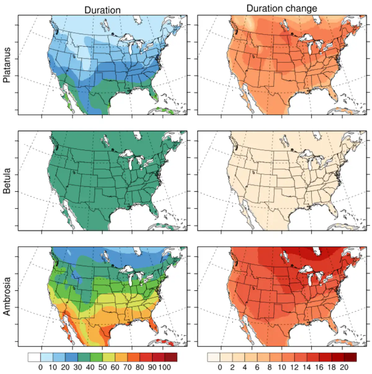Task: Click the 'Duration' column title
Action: (x=102, y=10)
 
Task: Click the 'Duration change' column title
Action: (x=281, y=8)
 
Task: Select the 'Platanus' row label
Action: (x=7, y=65)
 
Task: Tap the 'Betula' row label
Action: (x=7, y=181)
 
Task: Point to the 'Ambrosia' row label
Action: (x=7, y=296)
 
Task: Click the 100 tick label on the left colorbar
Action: (x=165, y=367)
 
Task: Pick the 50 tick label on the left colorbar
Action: (x=102, y=367)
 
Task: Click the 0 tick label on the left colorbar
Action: (x=40, y=367)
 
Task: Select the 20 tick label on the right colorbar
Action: (x=344, y=367)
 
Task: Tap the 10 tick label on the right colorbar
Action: (x=282, y=367)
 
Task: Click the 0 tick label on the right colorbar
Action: (x=220, y=367)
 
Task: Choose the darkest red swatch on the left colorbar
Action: (x=171, y=357)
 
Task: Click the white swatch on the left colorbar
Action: (x=34, y=357)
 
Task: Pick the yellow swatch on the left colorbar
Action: (x=108, y=357)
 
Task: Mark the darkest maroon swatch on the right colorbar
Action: (x=350, y=357)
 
